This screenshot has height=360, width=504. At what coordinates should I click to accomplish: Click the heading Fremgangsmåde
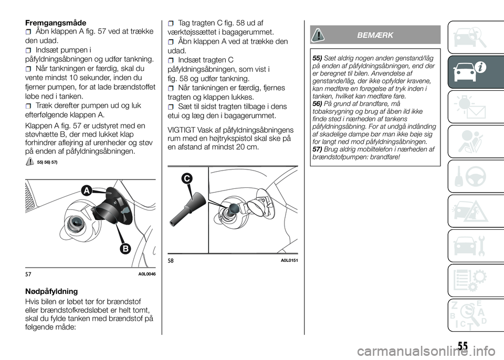pos(56,23)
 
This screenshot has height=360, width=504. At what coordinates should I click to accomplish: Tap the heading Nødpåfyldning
pos(51,292)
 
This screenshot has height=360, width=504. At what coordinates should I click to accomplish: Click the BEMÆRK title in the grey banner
pos(375,35)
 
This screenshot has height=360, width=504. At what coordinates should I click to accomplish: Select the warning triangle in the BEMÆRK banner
pos(319,35)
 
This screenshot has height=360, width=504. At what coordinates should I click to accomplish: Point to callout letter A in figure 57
pos(86,191)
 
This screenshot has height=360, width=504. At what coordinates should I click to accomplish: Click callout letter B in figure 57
pos(125,248)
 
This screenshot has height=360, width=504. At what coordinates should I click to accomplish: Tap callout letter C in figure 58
pos(186,178)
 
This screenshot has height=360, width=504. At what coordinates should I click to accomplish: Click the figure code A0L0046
pos(147,274)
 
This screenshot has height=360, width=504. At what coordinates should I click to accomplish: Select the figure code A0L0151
pos(289,260)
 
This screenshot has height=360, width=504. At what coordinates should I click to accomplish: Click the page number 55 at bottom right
pos(463,346)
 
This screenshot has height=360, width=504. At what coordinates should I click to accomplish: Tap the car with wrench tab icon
pos(470,246)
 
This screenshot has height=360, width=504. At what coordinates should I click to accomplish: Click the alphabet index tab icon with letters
pos(470,315)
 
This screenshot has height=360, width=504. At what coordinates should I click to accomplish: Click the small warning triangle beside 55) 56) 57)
pos(29,162)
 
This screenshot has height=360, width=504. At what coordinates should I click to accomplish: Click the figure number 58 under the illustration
pos(171,261)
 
